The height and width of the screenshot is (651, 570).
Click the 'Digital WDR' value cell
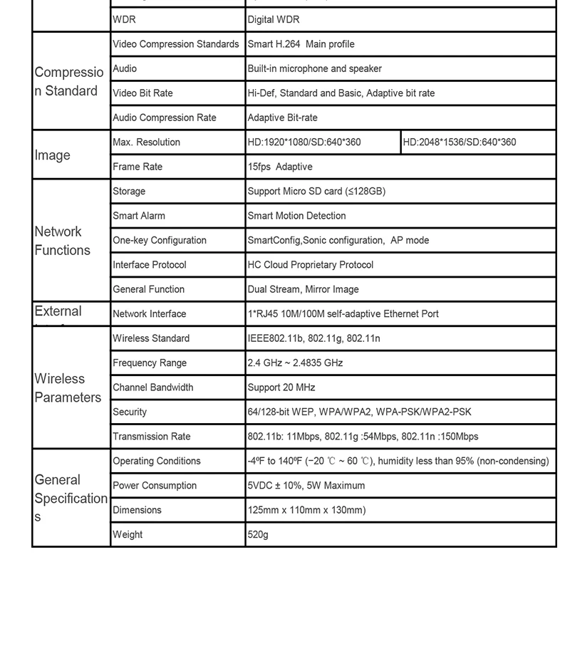[274, 20]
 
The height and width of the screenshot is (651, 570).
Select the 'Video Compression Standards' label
[176, 44]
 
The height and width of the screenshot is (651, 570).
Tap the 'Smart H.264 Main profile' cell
[301, 44]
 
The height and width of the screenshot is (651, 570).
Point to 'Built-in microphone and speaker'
[314, 69]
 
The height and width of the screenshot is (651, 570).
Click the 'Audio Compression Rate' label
[165, 118]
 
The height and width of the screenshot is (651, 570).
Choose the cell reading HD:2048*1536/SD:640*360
[460, 142]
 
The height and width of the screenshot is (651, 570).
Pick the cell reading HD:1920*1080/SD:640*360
[304, 142]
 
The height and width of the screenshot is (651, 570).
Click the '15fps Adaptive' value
[280, 167]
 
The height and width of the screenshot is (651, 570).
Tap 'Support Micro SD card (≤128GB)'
[316, 192]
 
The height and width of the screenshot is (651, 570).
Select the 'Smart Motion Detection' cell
[296, 216]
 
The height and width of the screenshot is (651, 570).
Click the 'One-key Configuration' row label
[160, 241]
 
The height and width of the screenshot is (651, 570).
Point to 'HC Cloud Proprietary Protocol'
[311, 265]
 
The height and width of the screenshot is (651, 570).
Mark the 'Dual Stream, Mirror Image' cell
[303, 290]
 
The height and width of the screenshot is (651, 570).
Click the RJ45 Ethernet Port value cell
[343, 314]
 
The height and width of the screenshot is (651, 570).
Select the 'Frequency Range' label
[150, 363]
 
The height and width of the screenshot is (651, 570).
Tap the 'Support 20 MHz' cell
[281, 387]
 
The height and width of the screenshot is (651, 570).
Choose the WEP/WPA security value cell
[359, 412]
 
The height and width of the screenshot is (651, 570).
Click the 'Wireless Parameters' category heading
[68, 388]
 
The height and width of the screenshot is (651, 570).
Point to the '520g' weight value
[258, 535]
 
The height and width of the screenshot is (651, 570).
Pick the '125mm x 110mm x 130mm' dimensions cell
[306, 511]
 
